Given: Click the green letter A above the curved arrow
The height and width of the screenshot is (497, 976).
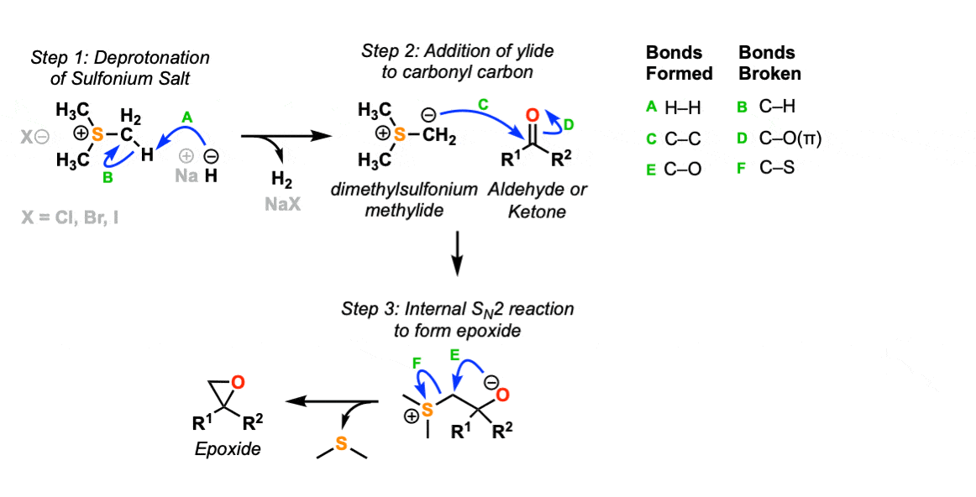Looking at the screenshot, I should click(x=187, y=118).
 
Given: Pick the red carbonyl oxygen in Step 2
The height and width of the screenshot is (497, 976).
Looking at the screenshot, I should click(x=531, y=114).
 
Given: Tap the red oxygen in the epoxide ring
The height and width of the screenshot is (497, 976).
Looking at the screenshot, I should click(x=238, y=383).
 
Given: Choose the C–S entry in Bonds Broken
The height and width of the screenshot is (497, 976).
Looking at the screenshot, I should click(x=770, y=168).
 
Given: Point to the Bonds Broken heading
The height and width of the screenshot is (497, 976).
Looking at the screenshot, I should click(x=769, y=63).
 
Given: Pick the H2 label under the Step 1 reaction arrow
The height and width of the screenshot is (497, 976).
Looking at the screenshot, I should click(x=282, y=180).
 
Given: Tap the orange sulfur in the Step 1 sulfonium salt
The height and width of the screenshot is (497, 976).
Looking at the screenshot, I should click(x=97, y=134).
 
